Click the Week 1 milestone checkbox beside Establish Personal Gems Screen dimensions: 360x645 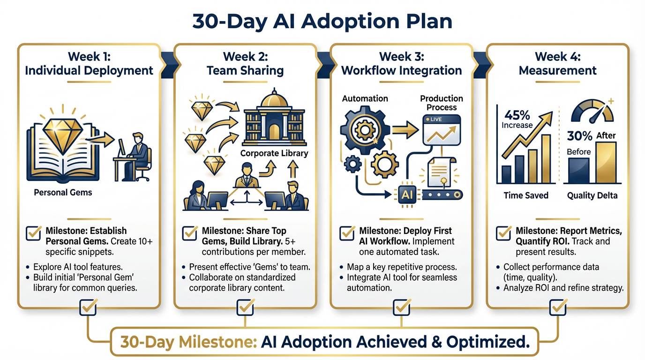(33, 232)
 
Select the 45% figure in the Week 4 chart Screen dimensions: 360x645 (517, 115)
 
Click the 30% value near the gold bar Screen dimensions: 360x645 (580, 136)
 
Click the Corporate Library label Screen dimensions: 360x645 (274, 153)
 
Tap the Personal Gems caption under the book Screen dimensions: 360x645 (63, 192)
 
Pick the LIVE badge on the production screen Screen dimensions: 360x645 (436, 120)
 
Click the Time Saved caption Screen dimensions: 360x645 (526, 195)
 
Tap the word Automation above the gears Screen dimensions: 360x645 (365, 98)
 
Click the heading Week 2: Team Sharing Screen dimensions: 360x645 (245, 64)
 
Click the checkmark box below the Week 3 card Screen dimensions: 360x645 (401, 307)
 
